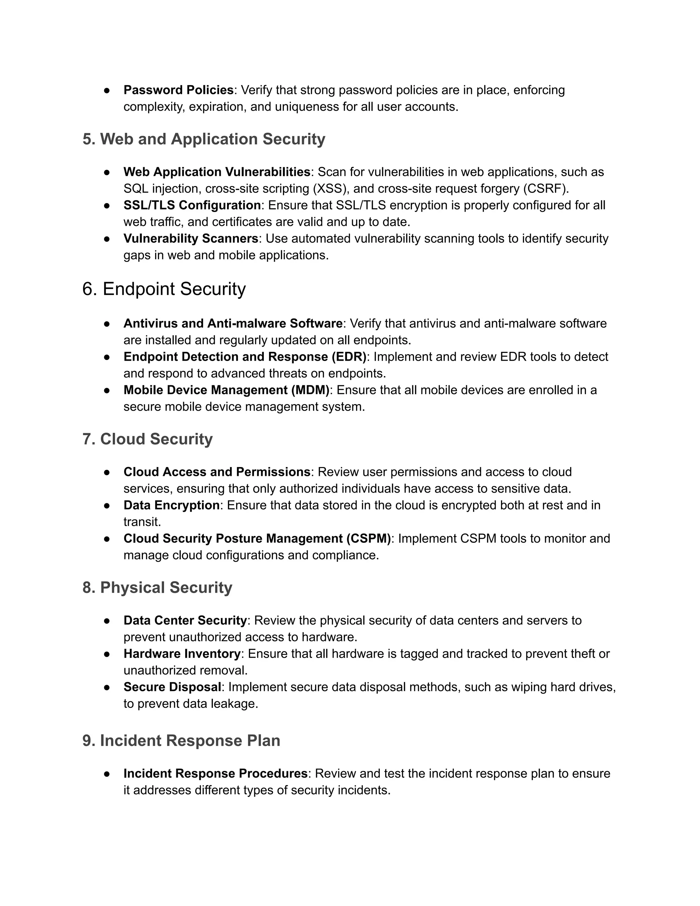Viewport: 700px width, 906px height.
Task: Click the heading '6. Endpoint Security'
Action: (x=164, y=289)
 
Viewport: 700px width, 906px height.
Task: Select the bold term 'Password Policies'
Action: (x=178, y=90)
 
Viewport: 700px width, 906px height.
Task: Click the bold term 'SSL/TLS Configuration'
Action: (x=192, y=205)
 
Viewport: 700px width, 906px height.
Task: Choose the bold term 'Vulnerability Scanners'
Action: (x=191, y=239)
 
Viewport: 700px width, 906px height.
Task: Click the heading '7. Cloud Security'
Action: (x=148, y=439)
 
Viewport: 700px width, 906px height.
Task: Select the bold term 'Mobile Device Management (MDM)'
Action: (x=226, y=390)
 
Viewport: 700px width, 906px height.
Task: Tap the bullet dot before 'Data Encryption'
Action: (x=107, y=506)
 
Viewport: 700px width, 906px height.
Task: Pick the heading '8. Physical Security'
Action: (x=157, y=587)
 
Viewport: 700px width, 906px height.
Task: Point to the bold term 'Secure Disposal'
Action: (x=172, y=687)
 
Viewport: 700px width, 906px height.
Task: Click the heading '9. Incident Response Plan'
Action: (x=181, y=741)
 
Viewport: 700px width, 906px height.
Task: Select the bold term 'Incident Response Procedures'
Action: (x=215, y=774)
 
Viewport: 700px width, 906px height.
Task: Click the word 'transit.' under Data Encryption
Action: (x=142, y=522)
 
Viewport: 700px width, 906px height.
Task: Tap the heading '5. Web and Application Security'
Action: (x=204, y=139)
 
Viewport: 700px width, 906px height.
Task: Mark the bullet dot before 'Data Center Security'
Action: (x=107, y=621)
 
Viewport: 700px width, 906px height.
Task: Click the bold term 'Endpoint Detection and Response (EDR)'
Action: (x=245, y=357)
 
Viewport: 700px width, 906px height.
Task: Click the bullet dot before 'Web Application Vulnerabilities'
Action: (x=107, y=172)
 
